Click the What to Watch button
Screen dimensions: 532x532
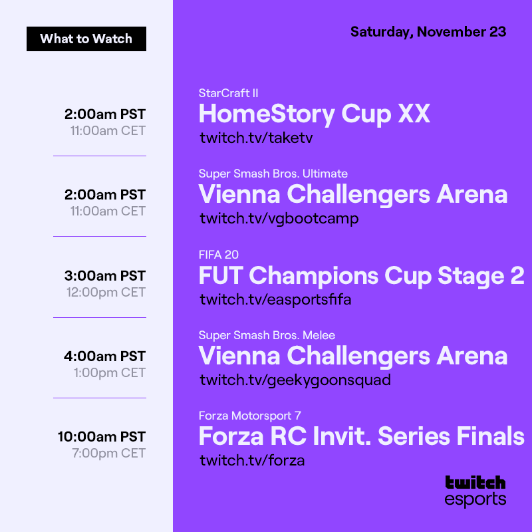tap(86, 39)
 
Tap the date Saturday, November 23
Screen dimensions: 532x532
tap(428, 32)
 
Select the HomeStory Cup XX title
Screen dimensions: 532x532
tap(315, 114)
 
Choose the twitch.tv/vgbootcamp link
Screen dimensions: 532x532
tap(279, 218)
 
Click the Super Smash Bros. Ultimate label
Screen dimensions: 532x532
tap(273, 174)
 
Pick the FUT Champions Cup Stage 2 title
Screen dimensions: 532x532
tap(361, 275)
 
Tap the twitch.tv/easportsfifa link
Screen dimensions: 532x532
tap(275, 299)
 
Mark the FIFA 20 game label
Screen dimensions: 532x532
tap(219, 255)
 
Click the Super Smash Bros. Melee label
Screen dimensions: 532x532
tap(271, 335)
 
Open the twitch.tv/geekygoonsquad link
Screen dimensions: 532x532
tap(295, 380)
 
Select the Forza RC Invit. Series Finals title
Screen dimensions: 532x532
tap(361, 437)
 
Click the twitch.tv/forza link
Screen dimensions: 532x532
tap(252, 460)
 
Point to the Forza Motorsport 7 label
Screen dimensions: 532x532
tap(250, 416)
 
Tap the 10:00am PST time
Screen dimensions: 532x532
tap(101, 437)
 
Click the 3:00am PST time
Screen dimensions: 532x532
tap(104, 275)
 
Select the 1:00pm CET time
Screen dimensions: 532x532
tap(109, 372)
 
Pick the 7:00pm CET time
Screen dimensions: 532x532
tap(108, 454)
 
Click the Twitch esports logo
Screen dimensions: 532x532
tap(475, 491)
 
